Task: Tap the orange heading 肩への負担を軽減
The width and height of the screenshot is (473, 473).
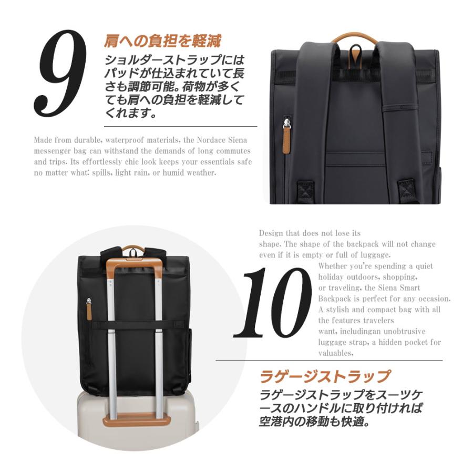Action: click(x=162, y=40)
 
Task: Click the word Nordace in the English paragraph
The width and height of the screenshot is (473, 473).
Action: click(x=207, y=140)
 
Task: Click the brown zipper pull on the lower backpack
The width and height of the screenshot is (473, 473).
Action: click(x=90, y=310)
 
